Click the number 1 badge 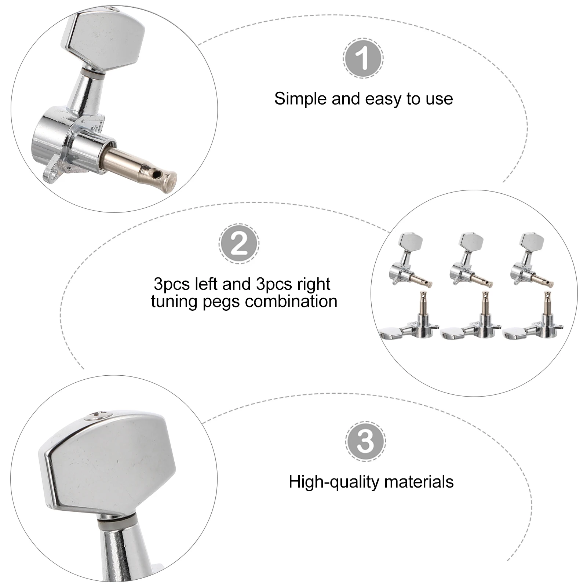pyautogui.click(x=363, y=58)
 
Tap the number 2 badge pyautogui.click(x=239, y=244)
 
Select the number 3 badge pyautogui.click(x=365, y=441)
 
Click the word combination pyautogui.click(x=291, y=301)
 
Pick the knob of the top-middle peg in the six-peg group pyautogui.click(x=471, y=242)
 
